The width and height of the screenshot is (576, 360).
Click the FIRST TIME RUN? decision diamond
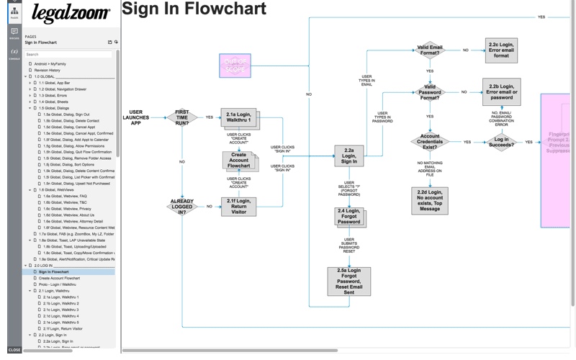pos(182,117)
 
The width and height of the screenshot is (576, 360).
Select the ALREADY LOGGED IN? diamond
pos(182,207)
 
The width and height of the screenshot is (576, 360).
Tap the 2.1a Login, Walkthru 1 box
pos(238,117)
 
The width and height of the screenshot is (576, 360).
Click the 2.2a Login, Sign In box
pos(348,156)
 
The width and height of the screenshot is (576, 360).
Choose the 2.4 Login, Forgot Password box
pos(348,216)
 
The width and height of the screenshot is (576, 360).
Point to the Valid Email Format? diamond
pos(430,50)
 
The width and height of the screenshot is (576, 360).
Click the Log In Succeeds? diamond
pos(502,142)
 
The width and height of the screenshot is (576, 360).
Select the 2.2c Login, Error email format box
pos(501,50)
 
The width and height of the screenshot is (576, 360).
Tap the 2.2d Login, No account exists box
pos(430,200)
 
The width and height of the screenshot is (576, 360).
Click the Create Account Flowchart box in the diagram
pos(238,161)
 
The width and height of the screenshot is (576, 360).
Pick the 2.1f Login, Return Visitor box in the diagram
pos(238,207)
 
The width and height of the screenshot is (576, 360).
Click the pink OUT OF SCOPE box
pos(235,66)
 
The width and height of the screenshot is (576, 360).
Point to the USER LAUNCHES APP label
pos(136,117)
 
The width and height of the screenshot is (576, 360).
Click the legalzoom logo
pos(71,14)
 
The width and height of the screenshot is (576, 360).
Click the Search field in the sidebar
pos(68,55)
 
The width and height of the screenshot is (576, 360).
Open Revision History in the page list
pos(48,70)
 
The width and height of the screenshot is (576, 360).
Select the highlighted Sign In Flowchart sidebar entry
pos(54,272)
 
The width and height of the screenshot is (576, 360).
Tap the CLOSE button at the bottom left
pos(14,350)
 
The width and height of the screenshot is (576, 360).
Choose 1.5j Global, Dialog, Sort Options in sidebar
pos(68,165)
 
